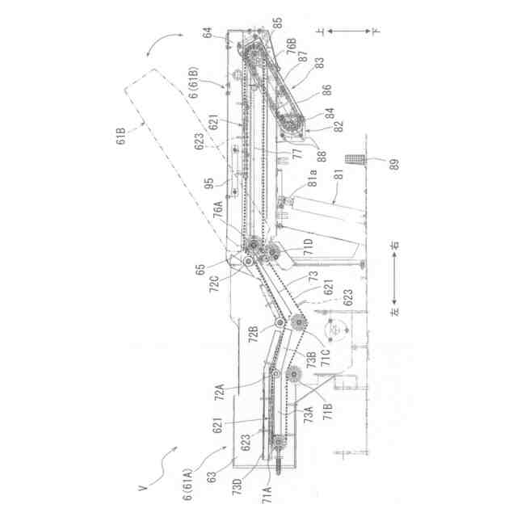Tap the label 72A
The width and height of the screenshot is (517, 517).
tap(220, 393)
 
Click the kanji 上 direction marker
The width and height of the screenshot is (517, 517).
tap(321, 31)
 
